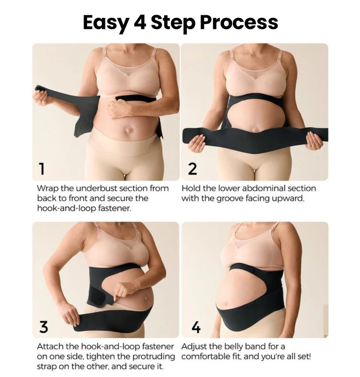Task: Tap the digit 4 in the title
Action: click(140, 23)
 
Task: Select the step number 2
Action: click(192, 169)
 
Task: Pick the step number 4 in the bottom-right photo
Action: click(196, 327)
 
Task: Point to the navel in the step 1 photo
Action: click(129, 131)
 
